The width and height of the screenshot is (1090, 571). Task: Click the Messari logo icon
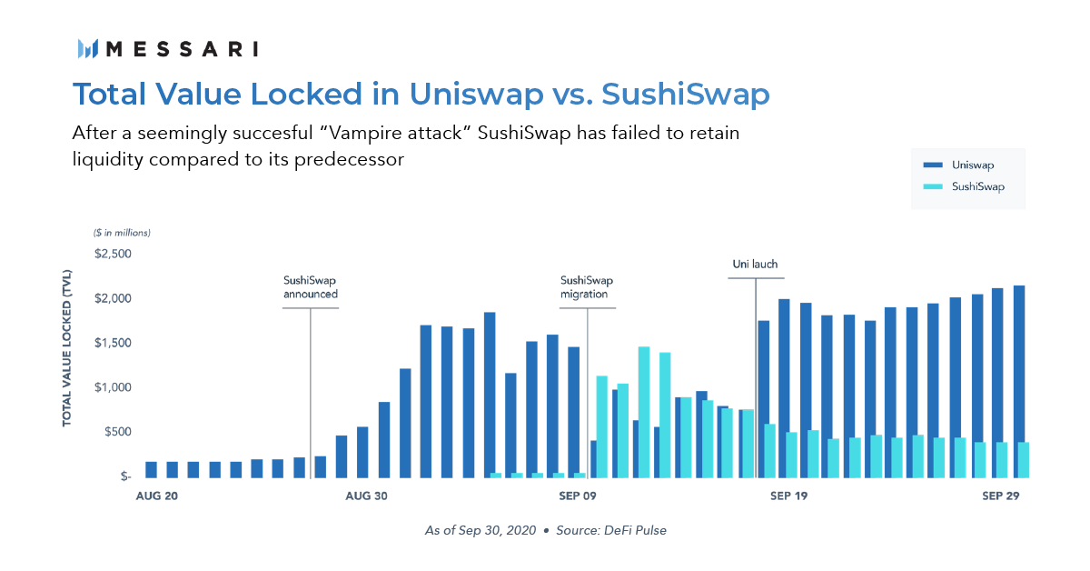coord(88,49)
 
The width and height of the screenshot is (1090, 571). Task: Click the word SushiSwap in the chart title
coord(686,94)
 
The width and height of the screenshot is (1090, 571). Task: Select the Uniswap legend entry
coord(958,165)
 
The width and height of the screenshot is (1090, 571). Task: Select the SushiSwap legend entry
coord(964,186)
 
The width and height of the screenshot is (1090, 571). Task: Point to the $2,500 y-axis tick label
coord(113,254)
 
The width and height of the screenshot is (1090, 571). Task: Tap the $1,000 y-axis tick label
coord(113,387)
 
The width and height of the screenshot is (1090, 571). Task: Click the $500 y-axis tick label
coord(118,432)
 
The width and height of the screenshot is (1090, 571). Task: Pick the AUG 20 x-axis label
coord(156,496)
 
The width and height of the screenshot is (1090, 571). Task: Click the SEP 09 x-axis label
coord(577,496)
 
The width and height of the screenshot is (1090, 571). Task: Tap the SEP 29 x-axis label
coord(1000,496)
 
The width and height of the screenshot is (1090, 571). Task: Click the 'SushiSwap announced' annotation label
coord(311,287)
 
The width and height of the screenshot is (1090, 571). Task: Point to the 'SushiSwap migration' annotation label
coord(587,287)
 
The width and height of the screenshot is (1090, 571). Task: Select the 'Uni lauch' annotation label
coord(755,264)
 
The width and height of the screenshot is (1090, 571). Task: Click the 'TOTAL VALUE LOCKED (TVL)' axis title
coord(66,348)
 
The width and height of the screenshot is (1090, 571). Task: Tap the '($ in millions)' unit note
coord(122,233)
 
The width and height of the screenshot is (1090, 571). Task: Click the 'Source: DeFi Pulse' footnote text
coord(611,530)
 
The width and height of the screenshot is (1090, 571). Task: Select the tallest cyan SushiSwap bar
coord(644,412)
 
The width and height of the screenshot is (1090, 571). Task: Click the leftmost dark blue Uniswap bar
coord(152,470)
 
